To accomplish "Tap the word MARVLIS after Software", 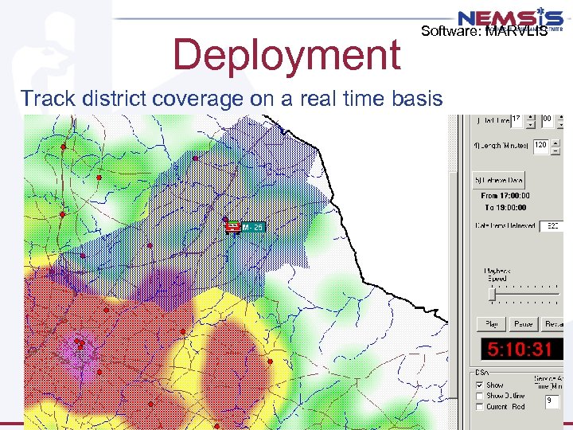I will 516,32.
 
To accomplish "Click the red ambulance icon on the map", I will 232,227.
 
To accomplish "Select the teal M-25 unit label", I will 253,227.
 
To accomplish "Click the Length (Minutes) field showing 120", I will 540,146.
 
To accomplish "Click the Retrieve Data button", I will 499,181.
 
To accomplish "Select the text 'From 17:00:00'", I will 505,196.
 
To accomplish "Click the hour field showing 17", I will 517,119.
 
